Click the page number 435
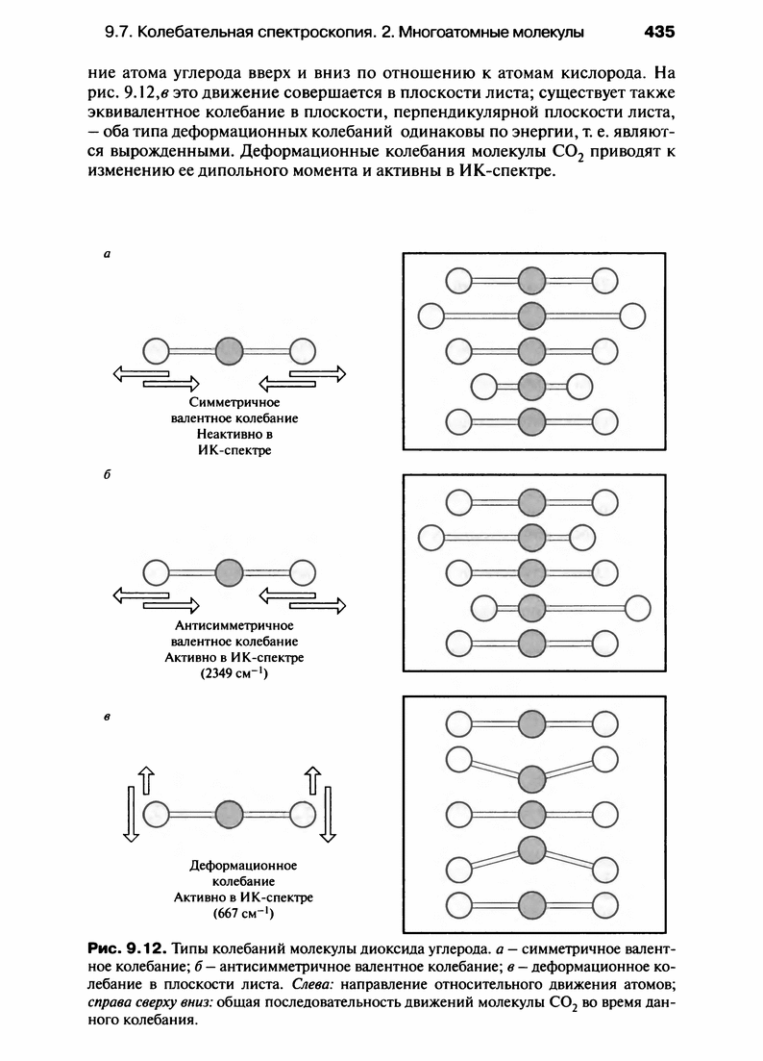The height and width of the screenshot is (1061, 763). point(660,32)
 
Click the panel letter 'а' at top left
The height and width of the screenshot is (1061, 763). point(107,256)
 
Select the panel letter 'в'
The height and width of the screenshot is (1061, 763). point(108,717)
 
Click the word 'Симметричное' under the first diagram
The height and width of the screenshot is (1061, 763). point(234,402)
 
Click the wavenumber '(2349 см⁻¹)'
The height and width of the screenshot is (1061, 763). point(234,673)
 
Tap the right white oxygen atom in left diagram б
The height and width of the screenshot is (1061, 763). point(303,573)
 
